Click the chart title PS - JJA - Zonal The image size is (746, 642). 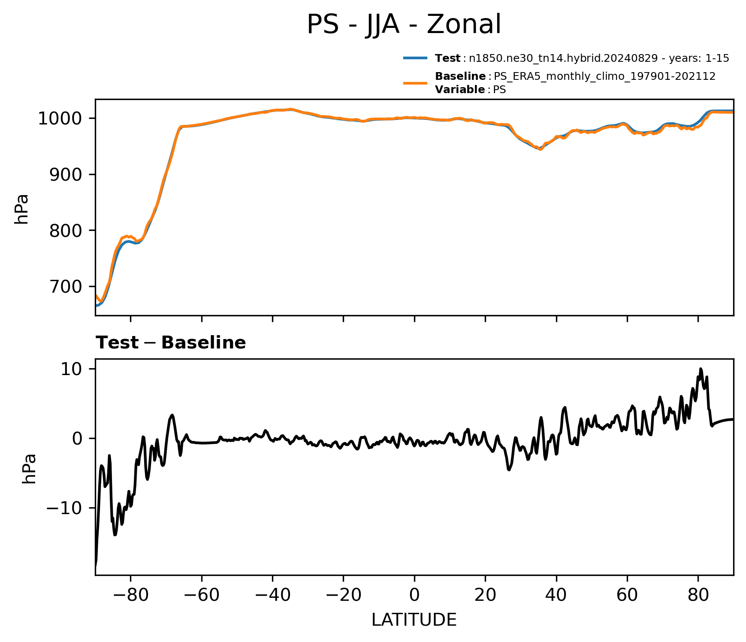(x=404, y=24)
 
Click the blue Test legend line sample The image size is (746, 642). (x=415, y=58)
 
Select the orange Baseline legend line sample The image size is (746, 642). (x=415, y=83)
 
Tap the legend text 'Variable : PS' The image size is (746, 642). (x=471, y=90)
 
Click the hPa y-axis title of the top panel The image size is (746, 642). (x=21, y=209)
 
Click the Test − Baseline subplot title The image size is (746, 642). (x=171, y=343)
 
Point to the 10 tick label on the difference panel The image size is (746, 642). (x=72, y=369)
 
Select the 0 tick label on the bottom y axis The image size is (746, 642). (x=78, y=439)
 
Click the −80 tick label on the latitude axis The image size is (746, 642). (x=130, y=595)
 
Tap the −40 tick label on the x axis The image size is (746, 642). (x=272, y=595)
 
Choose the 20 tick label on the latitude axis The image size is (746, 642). (x=485, y=595)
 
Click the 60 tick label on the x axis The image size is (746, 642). (x=627, y=595)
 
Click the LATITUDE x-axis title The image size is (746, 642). (x=414, y=620)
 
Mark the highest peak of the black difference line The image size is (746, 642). (x=701, y=369)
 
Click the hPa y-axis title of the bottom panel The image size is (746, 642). (x=29, y=469)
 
